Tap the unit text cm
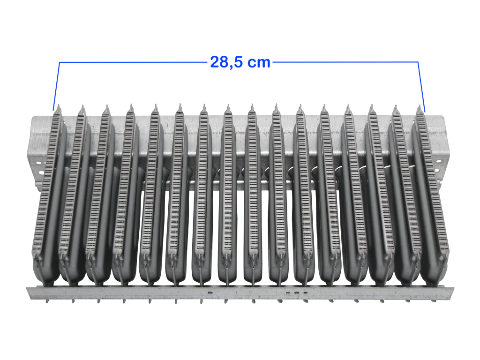click(259, 63)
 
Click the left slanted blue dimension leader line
click(56, 86)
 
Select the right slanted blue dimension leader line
click(421, 87)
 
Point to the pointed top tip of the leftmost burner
click(59, 105)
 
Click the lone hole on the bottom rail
click(210, 292)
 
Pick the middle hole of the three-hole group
click(296, 292)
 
